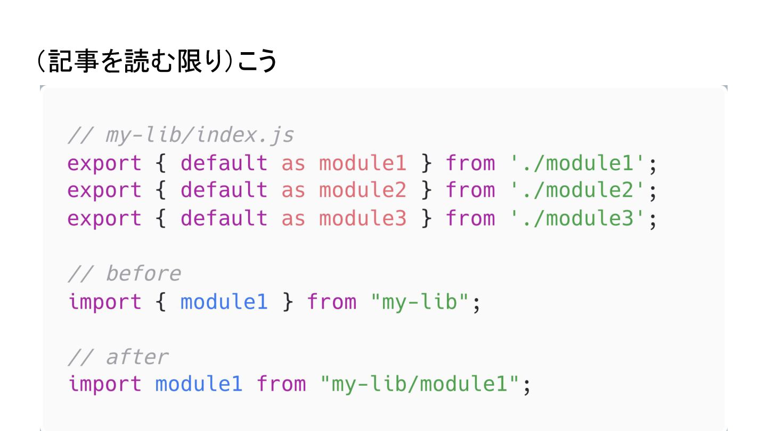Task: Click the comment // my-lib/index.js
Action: point(181,135)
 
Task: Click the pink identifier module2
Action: point(363,190)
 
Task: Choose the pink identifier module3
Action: point(363,218)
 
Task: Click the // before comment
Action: point(125,273)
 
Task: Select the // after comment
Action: point(118,357)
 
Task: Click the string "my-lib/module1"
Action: point(420,384)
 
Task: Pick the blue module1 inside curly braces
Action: point(224,302)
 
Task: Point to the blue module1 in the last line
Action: point(199,384)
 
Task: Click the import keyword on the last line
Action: point(105,384)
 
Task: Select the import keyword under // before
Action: point(105,302)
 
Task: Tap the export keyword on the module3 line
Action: point(105,218)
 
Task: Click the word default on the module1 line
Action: point(224,163)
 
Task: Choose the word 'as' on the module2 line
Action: point(293,190)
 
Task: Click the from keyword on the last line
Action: point(281,384)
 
